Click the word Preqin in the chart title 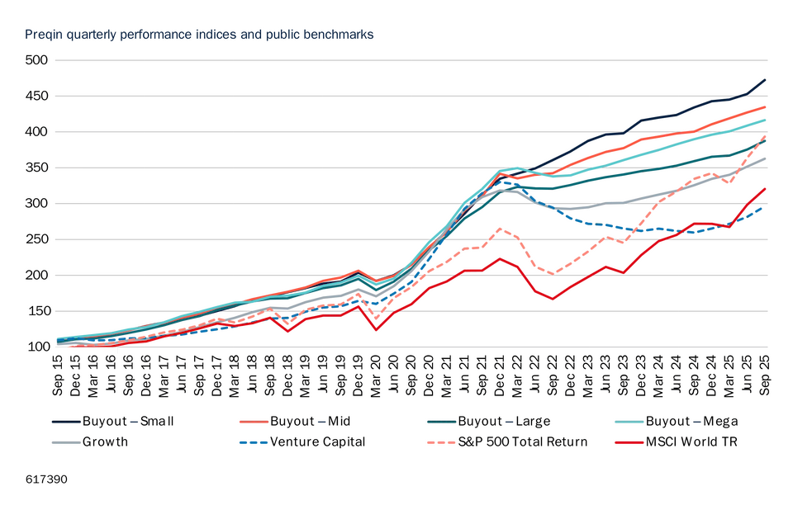point(40,35)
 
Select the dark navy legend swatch point(66,423)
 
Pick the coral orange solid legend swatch point(254,423)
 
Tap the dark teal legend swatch point(442,423)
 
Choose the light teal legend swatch point(629,423)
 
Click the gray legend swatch point(66,442)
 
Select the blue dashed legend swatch point(254,442)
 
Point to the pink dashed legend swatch point(442,442)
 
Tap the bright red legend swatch point(629,442)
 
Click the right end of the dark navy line point(767,78)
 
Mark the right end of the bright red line point(767,187)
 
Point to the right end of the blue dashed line point(762,208)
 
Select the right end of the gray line point(767,157)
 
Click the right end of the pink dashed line point(767,135)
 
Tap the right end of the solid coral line point(767,106)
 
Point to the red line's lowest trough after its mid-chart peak point(550,300)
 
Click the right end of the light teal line point(767,119)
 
